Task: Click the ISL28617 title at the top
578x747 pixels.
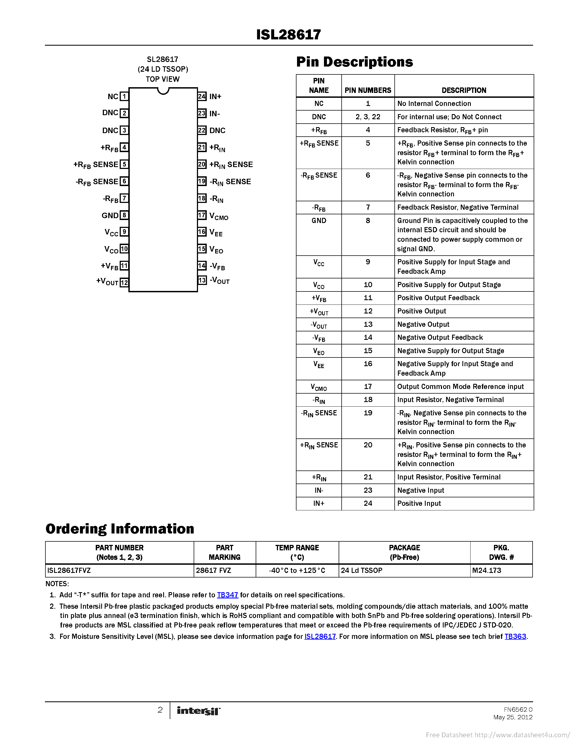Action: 288,34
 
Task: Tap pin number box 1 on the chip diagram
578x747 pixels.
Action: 124,96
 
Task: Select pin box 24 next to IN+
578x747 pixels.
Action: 202,96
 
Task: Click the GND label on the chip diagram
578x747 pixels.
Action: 110,215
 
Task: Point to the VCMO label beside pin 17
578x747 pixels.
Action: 219,216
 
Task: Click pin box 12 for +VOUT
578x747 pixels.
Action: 124,283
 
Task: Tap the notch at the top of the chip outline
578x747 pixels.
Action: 163,91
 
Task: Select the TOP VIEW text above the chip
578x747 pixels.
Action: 163,79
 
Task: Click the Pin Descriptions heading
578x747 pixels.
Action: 354,62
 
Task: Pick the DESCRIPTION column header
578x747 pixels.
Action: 464,90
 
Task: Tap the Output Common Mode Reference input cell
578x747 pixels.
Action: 460,387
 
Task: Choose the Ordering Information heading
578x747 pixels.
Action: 120,529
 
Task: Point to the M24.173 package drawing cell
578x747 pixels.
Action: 487,570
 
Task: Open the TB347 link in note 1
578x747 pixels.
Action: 227,595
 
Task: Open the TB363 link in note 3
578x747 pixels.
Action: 515,636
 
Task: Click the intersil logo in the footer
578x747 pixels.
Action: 198,711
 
